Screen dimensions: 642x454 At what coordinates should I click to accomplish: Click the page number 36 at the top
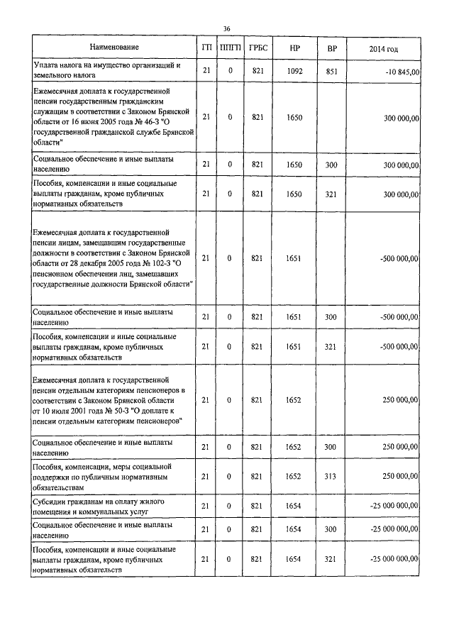(226, 28)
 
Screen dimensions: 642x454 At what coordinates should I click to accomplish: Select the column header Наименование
(113, 48)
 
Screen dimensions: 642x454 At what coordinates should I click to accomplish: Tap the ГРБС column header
(258, 48)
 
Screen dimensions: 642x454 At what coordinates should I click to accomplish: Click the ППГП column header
(231, 48)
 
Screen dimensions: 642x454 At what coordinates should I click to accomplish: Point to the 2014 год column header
(384, 48)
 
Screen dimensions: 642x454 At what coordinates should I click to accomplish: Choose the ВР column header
(331, 48)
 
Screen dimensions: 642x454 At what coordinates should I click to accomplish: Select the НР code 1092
(295, 71)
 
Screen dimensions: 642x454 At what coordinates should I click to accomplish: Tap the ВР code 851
(331, 71)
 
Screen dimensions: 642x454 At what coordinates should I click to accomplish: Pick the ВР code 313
(331, 477)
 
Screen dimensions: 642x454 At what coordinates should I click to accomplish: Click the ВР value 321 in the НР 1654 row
(331, 560)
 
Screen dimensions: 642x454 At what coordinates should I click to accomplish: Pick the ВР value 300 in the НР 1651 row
(331, 316)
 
